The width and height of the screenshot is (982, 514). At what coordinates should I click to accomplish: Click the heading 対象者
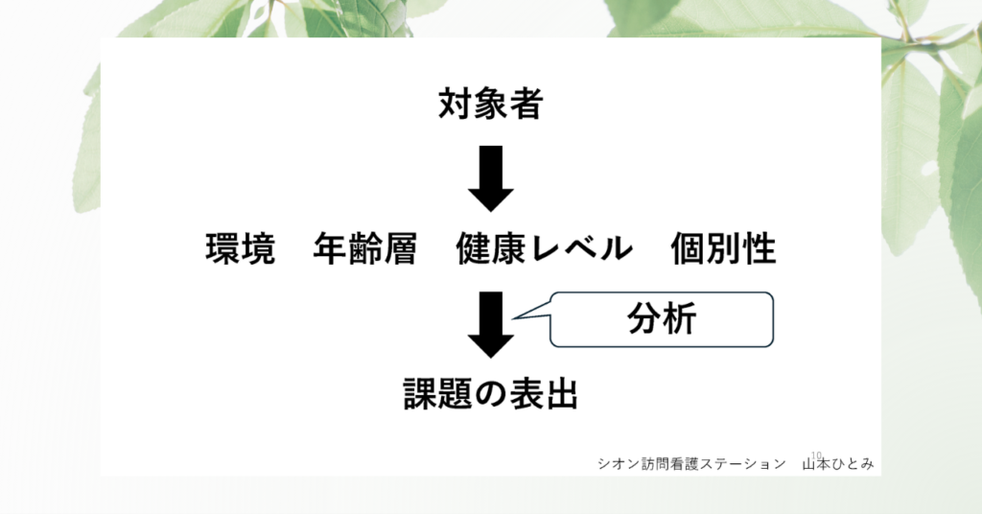(490, 104)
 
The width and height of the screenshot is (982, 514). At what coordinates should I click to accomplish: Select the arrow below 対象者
(491, 178)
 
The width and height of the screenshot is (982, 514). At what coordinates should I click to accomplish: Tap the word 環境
(241, 248)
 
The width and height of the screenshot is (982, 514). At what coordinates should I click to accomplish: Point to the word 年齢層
(365, 248)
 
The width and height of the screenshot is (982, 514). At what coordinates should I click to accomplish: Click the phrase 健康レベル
(545, 248)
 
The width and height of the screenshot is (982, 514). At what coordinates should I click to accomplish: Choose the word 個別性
(723, 248)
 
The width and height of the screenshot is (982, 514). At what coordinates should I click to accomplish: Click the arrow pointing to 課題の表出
(491, 325)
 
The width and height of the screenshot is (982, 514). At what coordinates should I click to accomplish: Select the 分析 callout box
(662, 319)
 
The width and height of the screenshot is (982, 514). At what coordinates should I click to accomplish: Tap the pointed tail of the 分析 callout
(514, 318)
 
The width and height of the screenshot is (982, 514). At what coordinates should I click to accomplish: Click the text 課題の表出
(490, 394)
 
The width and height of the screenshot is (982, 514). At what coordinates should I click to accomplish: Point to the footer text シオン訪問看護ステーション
(691, 464)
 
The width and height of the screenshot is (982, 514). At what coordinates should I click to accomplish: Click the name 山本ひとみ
(838, 464)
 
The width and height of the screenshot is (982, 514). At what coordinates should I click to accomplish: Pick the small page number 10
(816, 456)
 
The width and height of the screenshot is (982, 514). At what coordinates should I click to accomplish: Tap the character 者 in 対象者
(526, 104)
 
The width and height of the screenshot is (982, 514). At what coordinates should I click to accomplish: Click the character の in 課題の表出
(491, 394)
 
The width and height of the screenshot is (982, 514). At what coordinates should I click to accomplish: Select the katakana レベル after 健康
(580, 248)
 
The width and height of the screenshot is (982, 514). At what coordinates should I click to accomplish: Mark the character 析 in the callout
(680, 319)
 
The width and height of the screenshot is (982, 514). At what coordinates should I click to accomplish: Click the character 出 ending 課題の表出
(561, 394)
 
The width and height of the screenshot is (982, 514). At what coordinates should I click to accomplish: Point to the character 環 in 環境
(222, 248)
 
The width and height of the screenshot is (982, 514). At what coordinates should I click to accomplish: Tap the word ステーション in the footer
(743, 464)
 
